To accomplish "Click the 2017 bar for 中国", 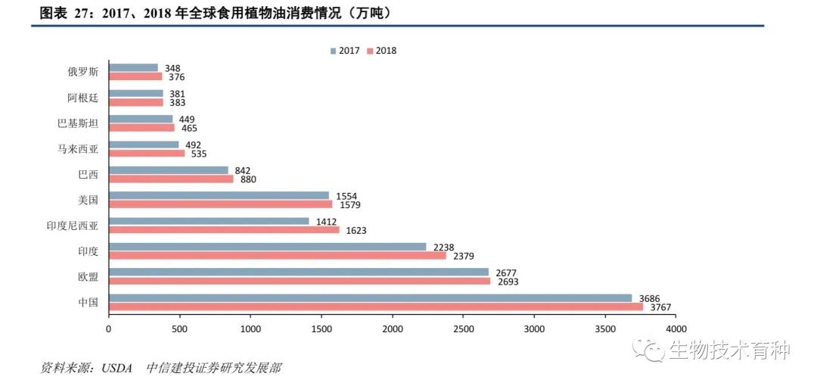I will click(x=370, y=298).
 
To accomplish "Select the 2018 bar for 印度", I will click(x=277, y=256).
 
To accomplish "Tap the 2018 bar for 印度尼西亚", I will click(x=224, y=230).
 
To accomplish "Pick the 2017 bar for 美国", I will click(x=219, y=195).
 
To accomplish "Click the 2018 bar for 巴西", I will click(x=171, y=179).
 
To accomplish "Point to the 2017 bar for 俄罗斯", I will click(x=133, y=68).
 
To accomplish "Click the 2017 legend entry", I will click(x=345, y=51).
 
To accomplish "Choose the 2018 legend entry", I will click(x=381, y=51).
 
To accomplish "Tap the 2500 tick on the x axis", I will click(x=463, y=329).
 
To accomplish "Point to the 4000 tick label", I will click(x=676, y=329).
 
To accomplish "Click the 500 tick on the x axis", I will click(x=179, y=329).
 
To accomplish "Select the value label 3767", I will click(x=660, y=307).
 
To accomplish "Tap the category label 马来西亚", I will click(x=78, y=148).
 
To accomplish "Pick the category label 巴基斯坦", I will click(x=78, y=123).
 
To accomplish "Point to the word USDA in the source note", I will click(x=116, y=369).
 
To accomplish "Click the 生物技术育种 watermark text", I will click(x=728, y=350).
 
